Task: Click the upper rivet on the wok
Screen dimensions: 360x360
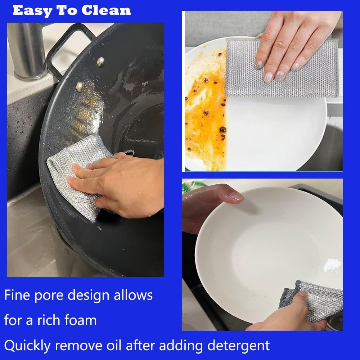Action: (101, 62)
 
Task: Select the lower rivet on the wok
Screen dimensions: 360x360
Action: (80, 86)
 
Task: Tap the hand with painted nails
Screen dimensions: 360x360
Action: (288, 40)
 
